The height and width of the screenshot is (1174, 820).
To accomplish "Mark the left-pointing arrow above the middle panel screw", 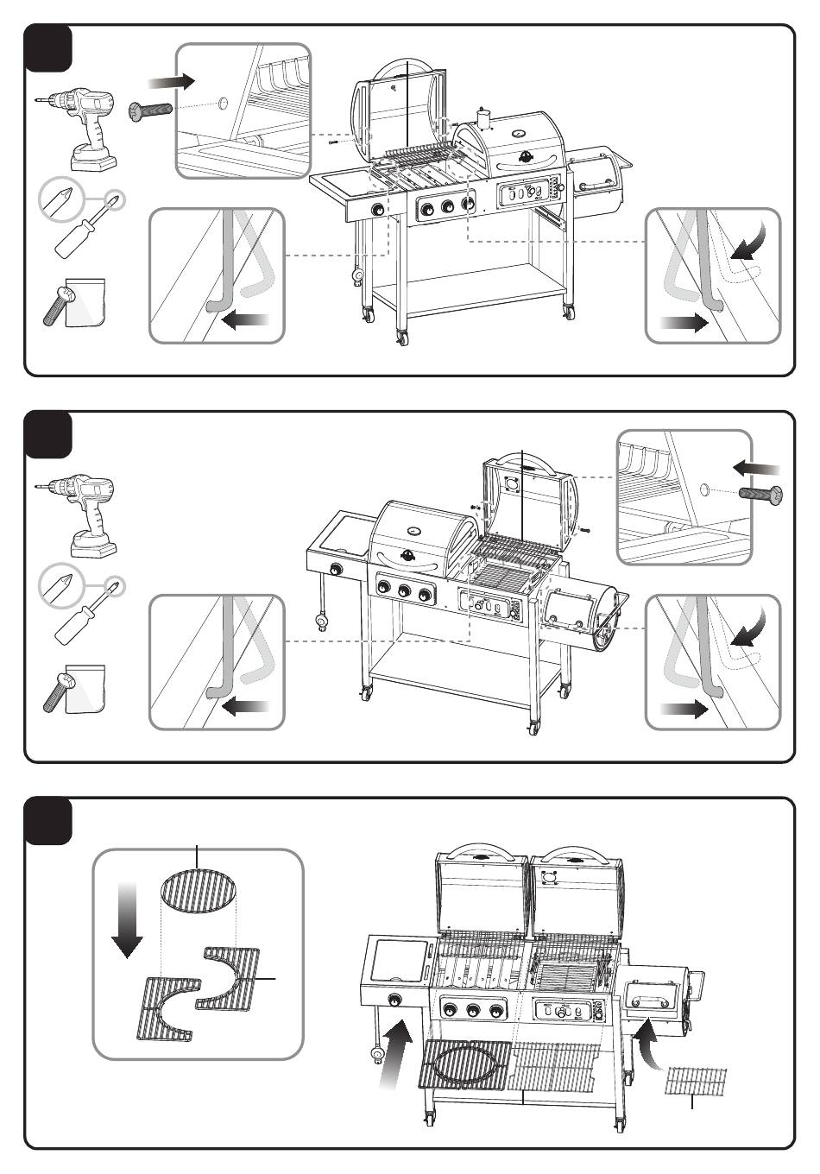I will [756, 469].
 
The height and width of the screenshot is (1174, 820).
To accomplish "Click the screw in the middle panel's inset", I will [760, 495].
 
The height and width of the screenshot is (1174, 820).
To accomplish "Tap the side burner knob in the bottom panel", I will [397, 1000].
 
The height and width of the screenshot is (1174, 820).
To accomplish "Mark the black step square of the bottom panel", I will [48, 821].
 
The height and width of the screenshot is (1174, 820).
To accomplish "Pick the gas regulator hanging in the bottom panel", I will [377, 1054].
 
